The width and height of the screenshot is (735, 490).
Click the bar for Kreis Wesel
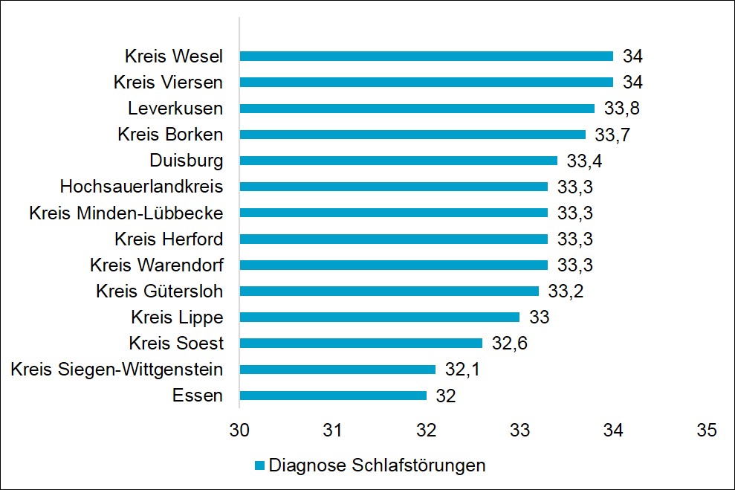point(426,56)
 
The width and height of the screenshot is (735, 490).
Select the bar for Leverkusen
point(417,109)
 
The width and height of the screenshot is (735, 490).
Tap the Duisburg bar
point(398,161)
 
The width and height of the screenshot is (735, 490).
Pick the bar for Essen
point(333,396)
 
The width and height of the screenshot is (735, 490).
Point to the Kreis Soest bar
point(360,343)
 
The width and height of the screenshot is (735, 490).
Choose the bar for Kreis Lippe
point(379,317)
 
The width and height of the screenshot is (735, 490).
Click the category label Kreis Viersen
point(168,83)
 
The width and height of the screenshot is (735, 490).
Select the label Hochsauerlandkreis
point(141,187)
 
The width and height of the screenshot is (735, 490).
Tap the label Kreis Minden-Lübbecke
point(126,213)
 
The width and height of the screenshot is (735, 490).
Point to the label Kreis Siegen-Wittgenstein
point(117,370)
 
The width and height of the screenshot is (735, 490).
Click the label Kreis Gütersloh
point(159,291)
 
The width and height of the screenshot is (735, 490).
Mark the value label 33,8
point(622,109)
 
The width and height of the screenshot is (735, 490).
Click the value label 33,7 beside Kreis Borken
point(613,135)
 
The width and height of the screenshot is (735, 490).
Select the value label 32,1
point(463,370)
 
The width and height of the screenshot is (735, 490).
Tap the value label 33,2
point(566,291)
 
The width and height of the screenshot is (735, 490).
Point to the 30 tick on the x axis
point(239,430)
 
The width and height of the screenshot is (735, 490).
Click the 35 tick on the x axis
point(706,430)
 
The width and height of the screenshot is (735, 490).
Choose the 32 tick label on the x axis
point(426,430)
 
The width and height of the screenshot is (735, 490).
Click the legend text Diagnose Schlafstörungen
point(377,466)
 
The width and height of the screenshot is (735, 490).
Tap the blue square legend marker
point(259,466)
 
